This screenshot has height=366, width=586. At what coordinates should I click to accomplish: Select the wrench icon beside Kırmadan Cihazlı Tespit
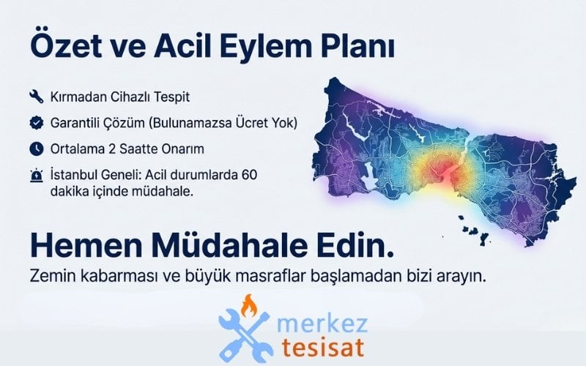35,96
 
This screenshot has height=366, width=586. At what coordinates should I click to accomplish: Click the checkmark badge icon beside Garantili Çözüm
35,122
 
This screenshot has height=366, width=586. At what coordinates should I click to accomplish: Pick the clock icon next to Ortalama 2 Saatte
35,149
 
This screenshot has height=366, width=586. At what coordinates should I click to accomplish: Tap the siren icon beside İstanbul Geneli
35,176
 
